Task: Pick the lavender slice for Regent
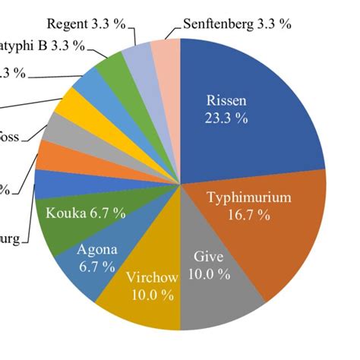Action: click(141, 56)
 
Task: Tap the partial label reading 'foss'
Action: click(10, 137)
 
